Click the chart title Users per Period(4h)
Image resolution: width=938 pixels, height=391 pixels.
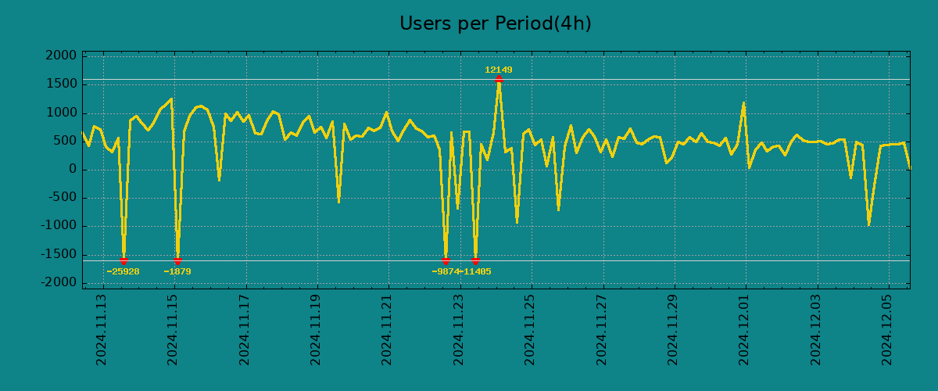click(495, 24)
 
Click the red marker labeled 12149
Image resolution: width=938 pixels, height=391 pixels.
click(499, 79)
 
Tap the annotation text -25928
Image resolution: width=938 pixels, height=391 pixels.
click(124, 272)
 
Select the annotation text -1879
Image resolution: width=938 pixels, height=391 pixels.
click(177, 272)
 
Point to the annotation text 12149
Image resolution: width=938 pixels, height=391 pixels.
click(499, 70)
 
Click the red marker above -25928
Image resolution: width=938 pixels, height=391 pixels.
click(124, 260)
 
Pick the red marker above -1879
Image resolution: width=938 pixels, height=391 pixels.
click(177, 260)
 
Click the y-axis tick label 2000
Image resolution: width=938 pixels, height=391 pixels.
click(62, 56)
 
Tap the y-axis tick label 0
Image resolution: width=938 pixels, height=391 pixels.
click(73, 170)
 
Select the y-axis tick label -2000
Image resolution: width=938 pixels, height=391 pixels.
click(59, 282)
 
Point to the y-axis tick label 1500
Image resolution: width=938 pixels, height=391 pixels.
click(62, 84)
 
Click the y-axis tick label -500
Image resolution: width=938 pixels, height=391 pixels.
click(63, 198)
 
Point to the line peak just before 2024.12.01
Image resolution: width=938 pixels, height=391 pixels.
click(743, 102)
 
